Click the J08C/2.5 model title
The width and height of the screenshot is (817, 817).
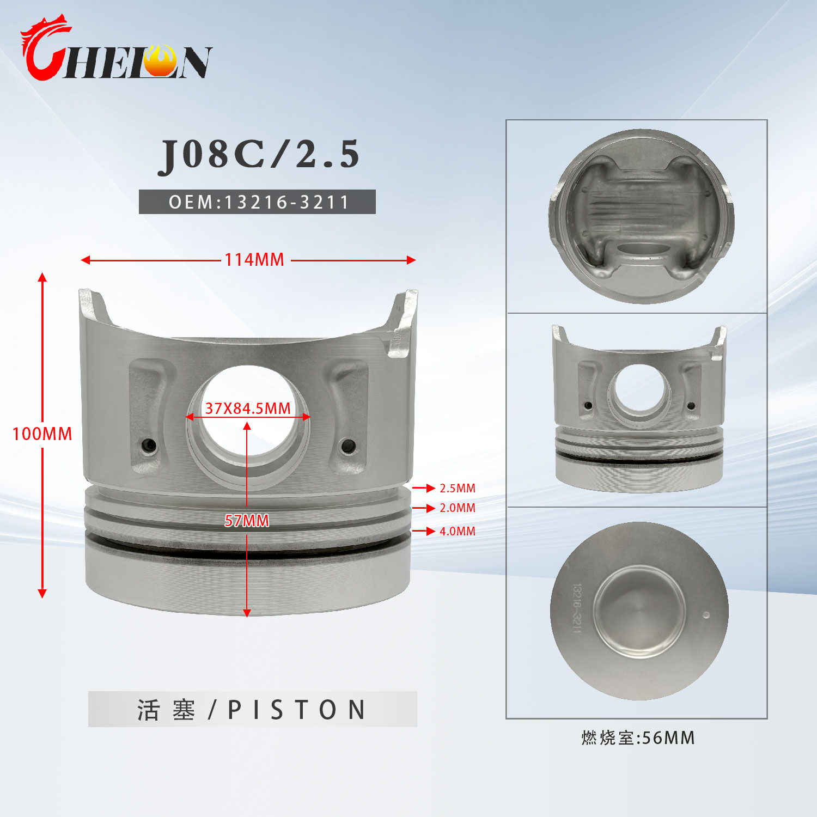(259, 154)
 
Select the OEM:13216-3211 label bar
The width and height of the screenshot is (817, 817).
(257, 202)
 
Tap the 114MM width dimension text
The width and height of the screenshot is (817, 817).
(254, 260)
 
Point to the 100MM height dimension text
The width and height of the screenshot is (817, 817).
(42, 434)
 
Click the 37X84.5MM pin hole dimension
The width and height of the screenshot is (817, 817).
(248, 408)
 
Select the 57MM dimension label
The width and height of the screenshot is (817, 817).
(247, 521)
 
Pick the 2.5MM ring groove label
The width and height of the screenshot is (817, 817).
(457, 488)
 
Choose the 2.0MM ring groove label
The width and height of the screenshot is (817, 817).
(457, 508)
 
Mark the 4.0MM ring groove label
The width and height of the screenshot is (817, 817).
(457, 531)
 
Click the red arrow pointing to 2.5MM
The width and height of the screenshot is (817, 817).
(424, 488)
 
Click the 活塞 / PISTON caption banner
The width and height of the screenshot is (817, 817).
(252, 709)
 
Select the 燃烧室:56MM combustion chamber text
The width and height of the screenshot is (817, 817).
(638, 738)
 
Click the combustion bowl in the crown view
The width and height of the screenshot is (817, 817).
(639, 611)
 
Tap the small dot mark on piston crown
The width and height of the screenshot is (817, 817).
(706, 615)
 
